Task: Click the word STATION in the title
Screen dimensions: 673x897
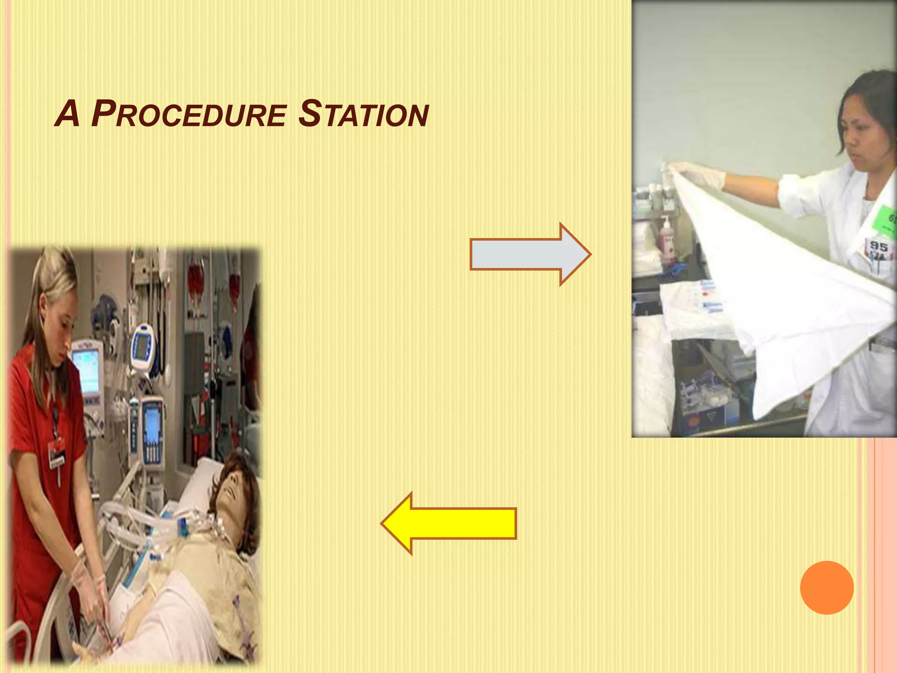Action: pyautogui.click(x=363, y=115)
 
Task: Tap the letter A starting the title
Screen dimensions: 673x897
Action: pyautogui.click(x=67, y=115)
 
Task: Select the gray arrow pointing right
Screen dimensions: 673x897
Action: pyautogui.click(x=530, y=255)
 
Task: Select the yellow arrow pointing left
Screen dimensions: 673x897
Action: pyautogui.click(x=449, y=523)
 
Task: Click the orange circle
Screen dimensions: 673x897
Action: pyautogui.click(x=826, y=587)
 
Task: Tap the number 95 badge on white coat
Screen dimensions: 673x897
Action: pyautogui.click(x=878, y=247)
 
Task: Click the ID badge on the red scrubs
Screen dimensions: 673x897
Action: pyautogui.click(x=57, y=451)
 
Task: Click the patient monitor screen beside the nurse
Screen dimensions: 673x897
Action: pyautogui.click(x=86, y=372)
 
